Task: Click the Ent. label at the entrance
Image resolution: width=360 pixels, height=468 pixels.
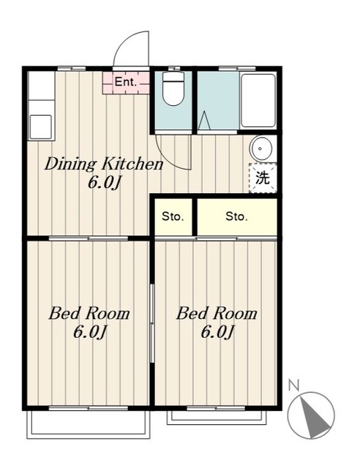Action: click(x=125, y=82)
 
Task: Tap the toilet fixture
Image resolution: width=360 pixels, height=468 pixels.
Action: click(x=173, y=88)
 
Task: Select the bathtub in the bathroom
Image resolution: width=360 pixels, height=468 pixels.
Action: click(x=258, y=101)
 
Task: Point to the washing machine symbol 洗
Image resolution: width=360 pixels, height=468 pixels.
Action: click(x=263, y=178)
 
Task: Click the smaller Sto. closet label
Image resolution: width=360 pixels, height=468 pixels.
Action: click(x=173, y=216)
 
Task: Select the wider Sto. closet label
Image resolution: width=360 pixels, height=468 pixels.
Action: click(x=236, y=216)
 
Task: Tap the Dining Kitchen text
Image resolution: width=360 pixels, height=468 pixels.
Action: click(x=104, y=165)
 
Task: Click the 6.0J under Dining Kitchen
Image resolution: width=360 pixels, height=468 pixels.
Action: click(x=104, y=182)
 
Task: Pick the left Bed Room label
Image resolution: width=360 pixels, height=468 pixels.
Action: click(x=89, y=314)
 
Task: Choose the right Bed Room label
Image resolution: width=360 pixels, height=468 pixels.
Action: click(x=217, y=314)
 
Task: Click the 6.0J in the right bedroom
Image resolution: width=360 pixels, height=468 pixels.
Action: click(x=217, y=331)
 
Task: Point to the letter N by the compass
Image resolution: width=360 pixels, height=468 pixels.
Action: click(x=294, y=385)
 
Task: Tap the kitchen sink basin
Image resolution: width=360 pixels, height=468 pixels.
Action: click(x=41, y=127)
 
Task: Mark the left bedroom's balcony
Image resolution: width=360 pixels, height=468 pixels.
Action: click(x=89, y=425)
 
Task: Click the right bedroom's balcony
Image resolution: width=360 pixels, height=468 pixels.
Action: click(x=217, y=418)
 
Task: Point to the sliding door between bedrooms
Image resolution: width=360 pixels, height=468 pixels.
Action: click(x=151, y=323)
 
